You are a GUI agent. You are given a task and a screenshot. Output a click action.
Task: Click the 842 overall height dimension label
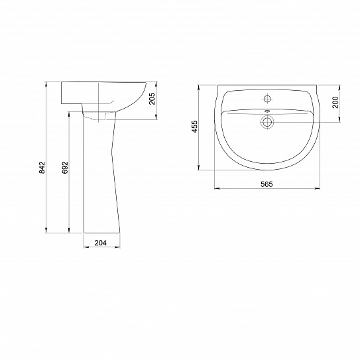coord(42,167)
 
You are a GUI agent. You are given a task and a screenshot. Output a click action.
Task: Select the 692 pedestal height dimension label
coord(65,167)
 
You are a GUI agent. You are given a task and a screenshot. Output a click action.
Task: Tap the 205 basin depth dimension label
coord(152,99)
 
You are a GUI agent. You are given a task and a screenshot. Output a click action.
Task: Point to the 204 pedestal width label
coord(101,243)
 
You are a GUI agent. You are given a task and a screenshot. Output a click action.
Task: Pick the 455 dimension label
coord(194,127)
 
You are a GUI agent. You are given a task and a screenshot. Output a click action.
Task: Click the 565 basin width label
coord(267,184)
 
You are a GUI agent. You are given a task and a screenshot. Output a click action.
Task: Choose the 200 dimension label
coord(335,102)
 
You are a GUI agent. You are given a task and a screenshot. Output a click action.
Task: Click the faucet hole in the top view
coord(267,99)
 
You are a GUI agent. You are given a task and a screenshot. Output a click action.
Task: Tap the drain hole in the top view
coord(267,122)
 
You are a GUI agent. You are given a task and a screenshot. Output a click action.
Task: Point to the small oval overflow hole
coord(267,111)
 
